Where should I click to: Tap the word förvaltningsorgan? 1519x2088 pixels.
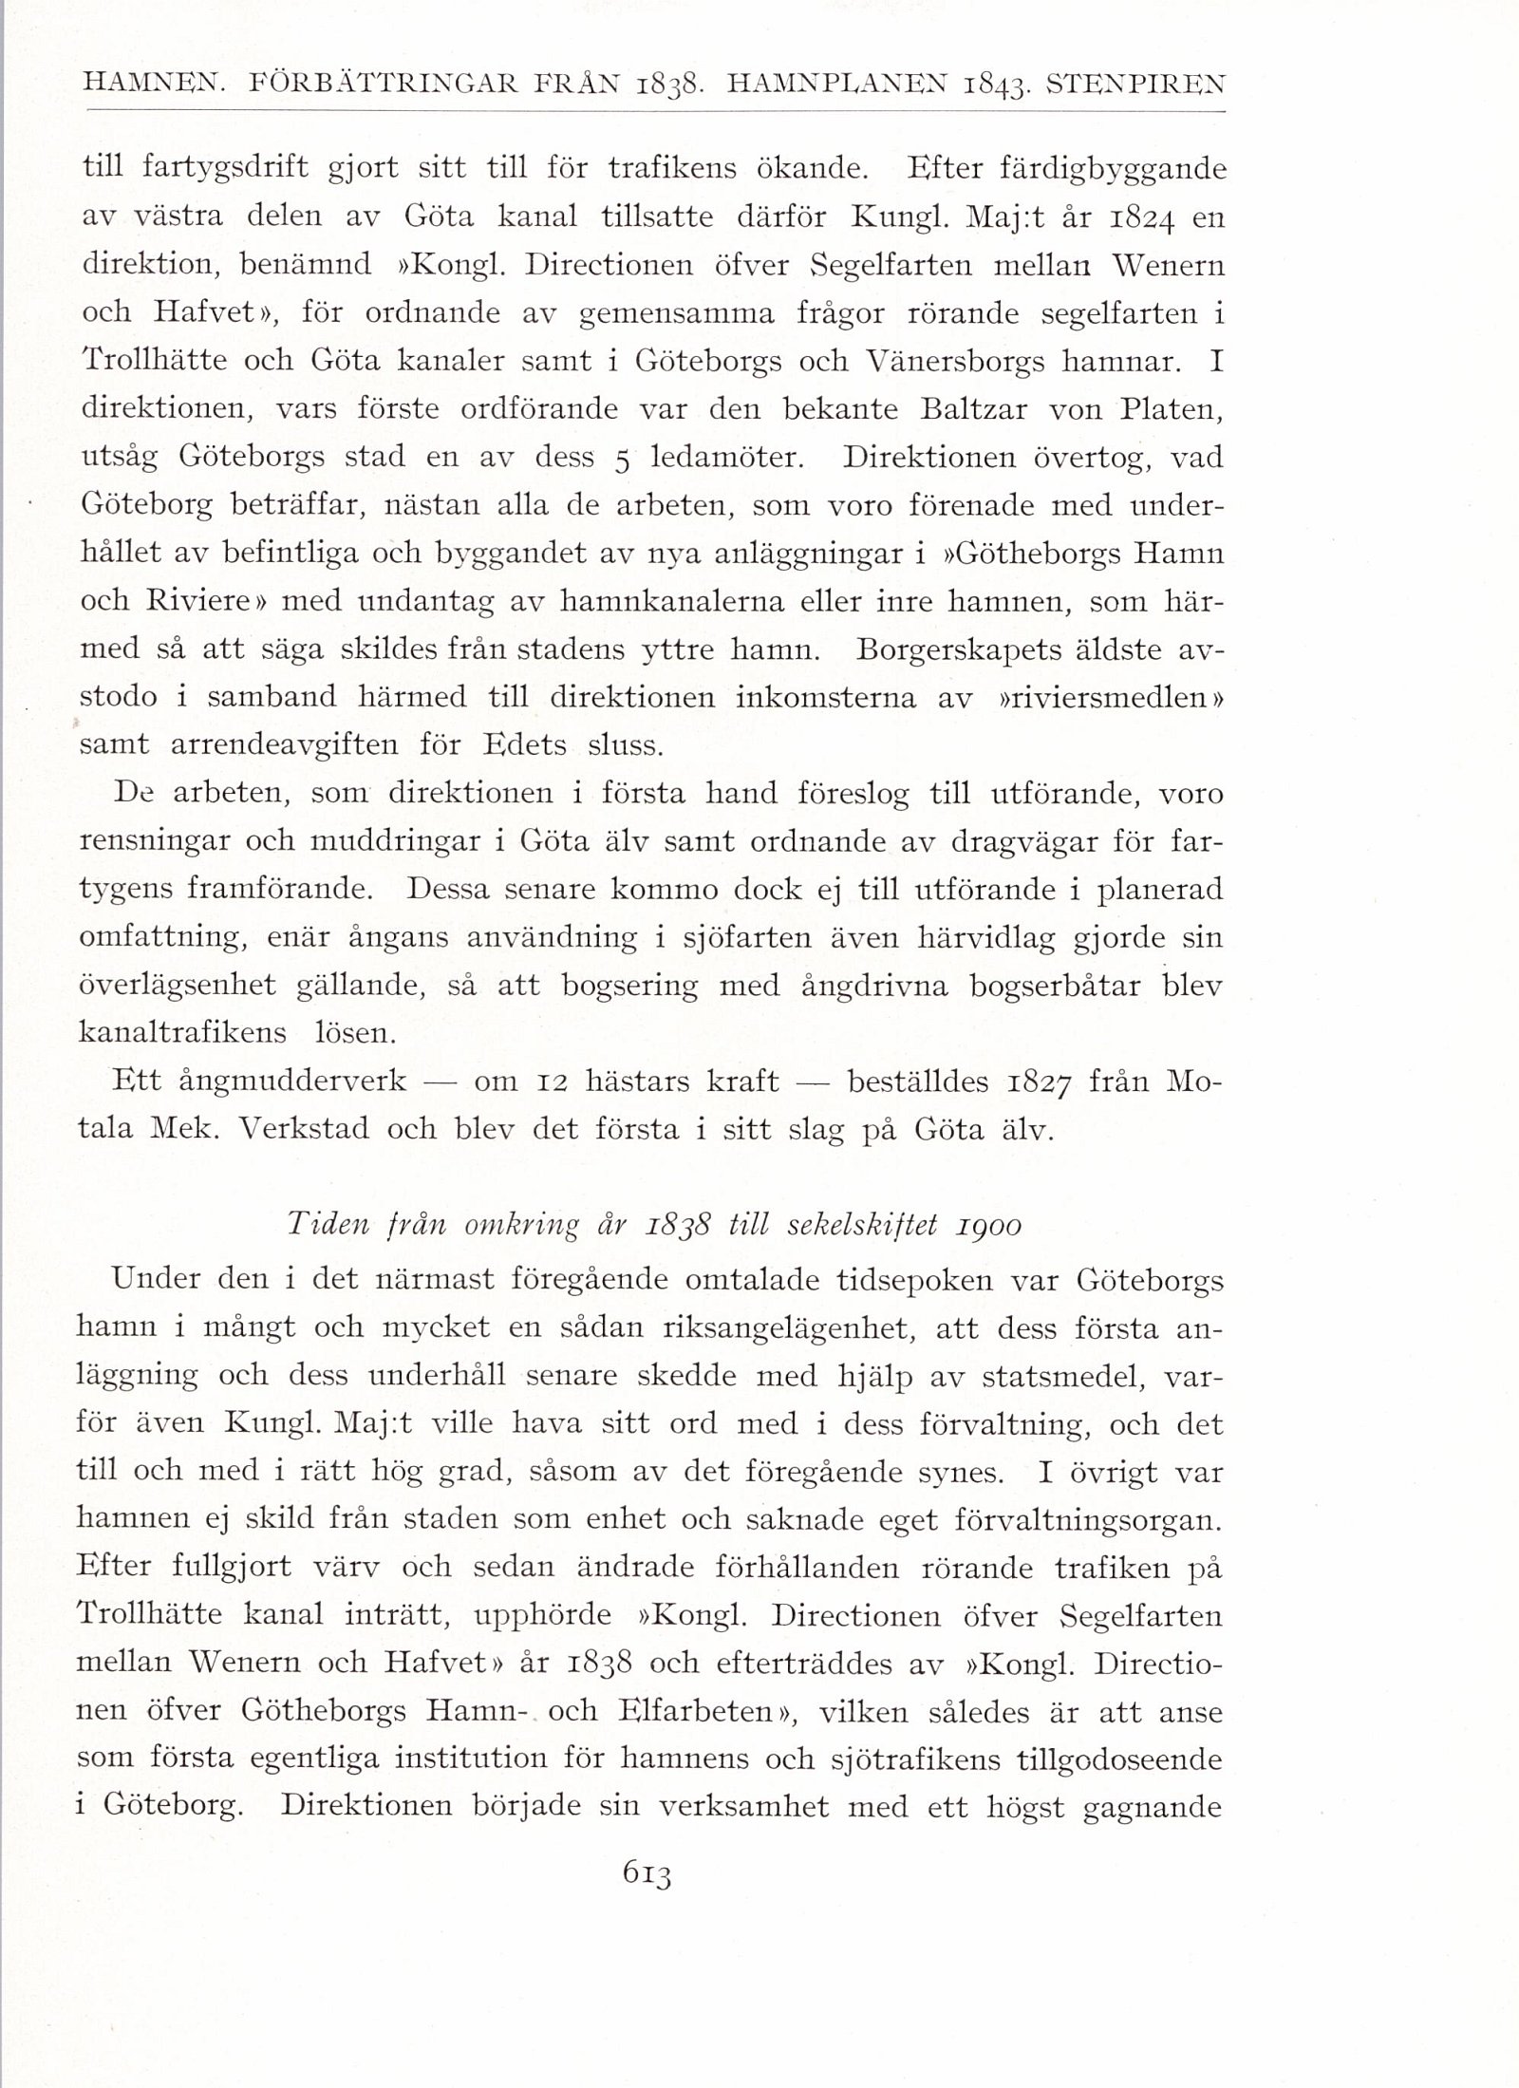pyautogui.click(x=1077, y=1521)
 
